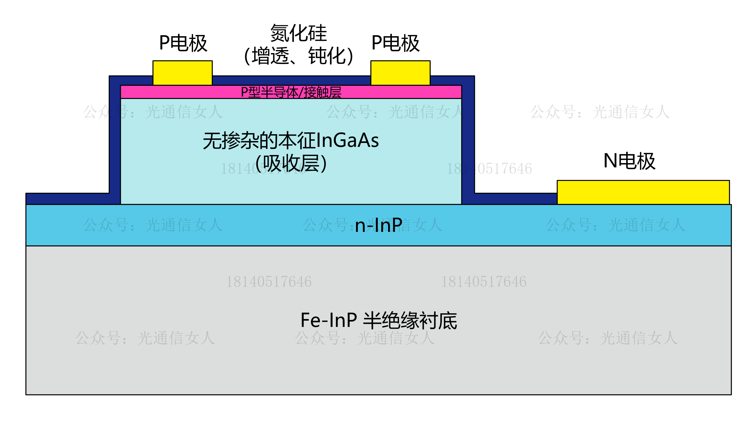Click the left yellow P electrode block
(x=183, y=73)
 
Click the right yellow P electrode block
(x=400, y=73)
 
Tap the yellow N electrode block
(x=643, y=192)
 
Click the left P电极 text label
(x=183, y=43)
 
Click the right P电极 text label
(x=395, y=43)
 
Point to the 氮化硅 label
(x=298, y=33)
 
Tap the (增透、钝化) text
(x=298, y=56)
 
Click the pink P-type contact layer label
(x=291, y=92)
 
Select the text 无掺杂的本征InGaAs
(x=291, y=141)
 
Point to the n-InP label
(x=379, y=225)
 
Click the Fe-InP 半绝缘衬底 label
(x=379, y=320)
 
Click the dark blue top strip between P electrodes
(x=291, y=81)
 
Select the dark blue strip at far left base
(x=68, y=199)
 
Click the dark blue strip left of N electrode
(x=516, y=199)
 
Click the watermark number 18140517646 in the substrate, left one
(x=269, y=282)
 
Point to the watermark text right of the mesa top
(x=600, y=112)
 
